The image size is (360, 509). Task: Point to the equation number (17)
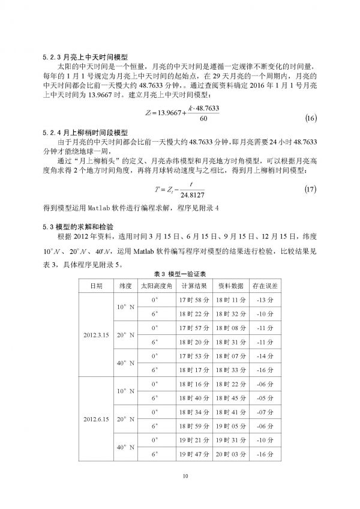coord(310,191)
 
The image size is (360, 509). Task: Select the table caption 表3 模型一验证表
coord(179,274)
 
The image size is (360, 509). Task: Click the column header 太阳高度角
coord(155,285)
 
